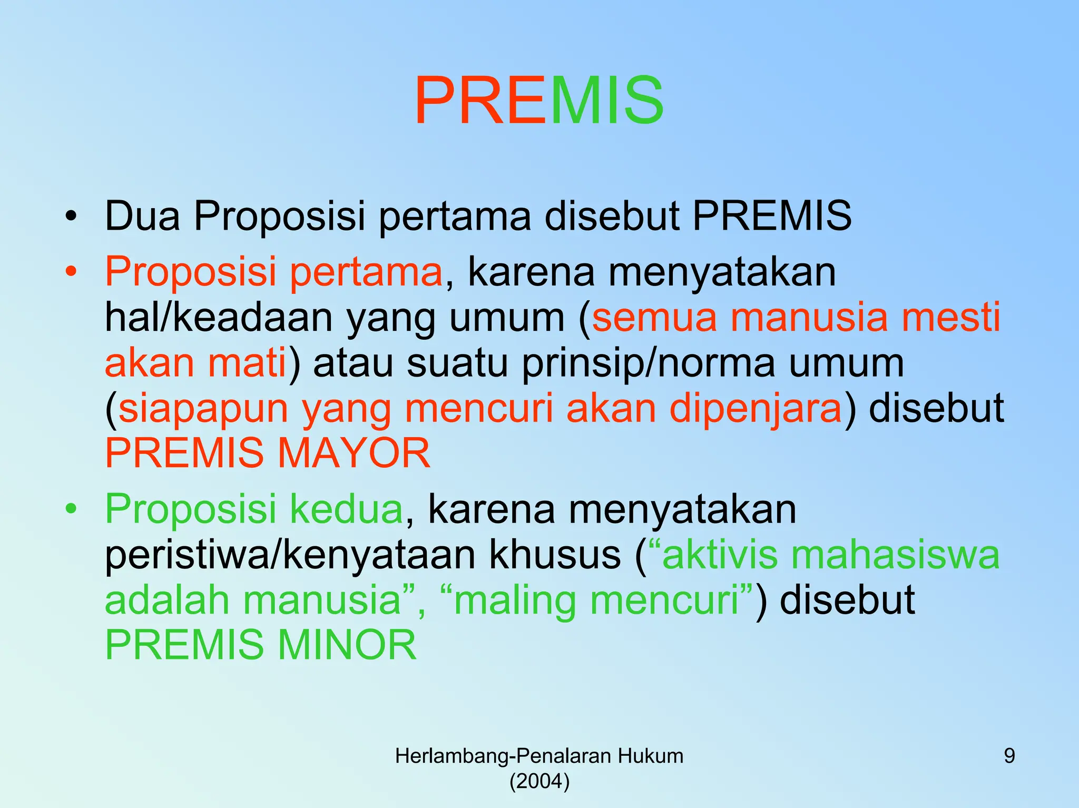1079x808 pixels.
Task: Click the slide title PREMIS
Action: tap(538, 100)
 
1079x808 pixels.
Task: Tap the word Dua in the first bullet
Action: tap(142, 216)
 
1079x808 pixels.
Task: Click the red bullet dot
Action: tap(71, 272)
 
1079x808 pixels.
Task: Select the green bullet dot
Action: tap(71, 509)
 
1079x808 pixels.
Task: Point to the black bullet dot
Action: tap(71, 216)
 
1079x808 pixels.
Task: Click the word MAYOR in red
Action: tap(354, 453)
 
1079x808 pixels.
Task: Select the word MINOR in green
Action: tap(347, 645)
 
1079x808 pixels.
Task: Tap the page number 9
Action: tap(1009, 756)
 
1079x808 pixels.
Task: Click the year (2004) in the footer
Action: tap(539, 781)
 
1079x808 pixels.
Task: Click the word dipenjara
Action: tap(756, 408)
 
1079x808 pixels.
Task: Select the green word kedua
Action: tap(346, 509)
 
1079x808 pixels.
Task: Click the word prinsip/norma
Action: tap(648, 363)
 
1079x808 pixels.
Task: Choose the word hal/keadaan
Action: tap(219, 318)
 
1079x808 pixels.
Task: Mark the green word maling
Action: tap(515, 600)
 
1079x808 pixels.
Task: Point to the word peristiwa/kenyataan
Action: tap(290, 556)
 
